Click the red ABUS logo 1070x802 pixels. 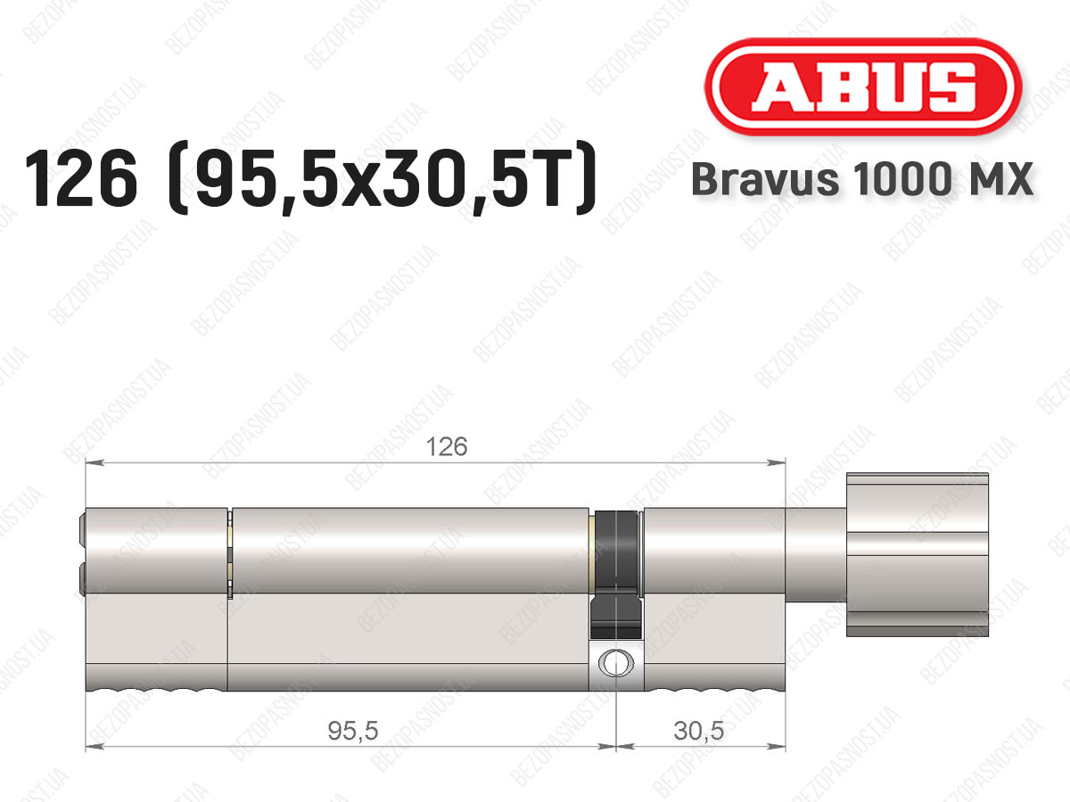tap(863, 86)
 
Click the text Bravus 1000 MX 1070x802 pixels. tap(862, 179)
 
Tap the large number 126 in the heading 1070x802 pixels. tap(81, 177)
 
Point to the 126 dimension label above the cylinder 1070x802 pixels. tap(447, 446)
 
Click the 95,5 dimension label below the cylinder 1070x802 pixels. tap(353, 731)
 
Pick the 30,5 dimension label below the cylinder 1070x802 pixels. tap(698, 731)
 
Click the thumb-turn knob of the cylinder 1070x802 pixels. tap(918, 554)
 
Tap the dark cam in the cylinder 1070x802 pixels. tap(616, 575)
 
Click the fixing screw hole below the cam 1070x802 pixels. tap(616, 663)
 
